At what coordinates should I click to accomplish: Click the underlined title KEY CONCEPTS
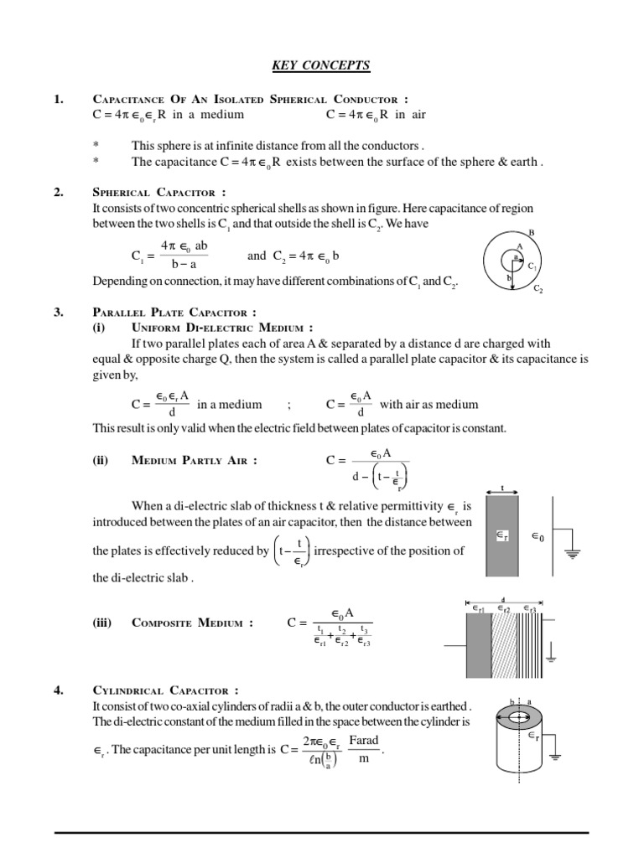tap(321, 65)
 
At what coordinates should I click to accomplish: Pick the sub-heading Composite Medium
tap(192, 623)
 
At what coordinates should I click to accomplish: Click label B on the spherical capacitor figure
tap(532, 233)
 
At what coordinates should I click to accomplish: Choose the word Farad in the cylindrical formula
tap(364, 740)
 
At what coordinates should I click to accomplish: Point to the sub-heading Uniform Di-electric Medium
tap(222, 328)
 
